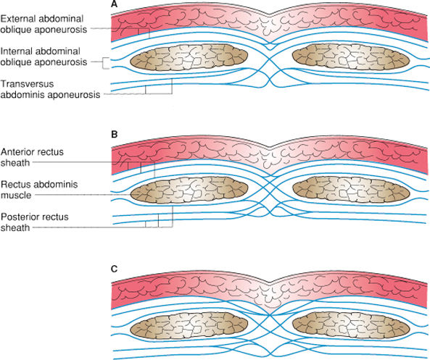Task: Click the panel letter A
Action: pos(115,5)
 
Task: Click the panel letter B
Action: pos(115,135)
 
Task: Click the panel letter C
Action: pos(115,268)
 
